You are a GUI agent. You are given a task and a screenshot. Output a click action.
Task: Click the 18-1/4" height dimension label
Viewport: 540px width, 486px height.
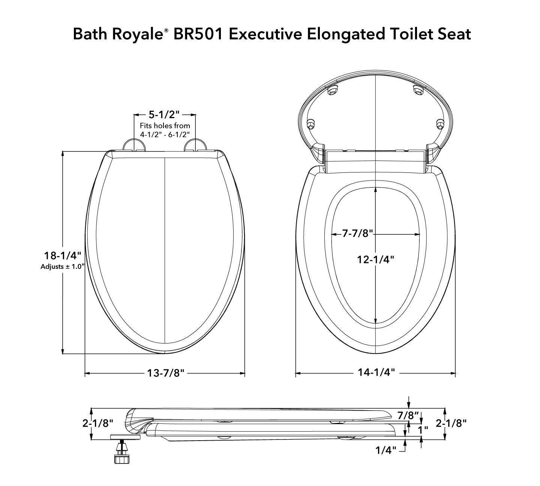point(63,256)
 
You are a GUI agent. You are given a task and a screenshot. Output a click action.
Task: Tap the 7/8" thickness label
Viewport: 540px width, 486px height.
point(408,415)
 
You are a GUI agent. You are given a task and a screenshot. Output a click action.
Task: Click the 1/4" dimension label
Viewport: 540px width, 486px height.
point(386,450)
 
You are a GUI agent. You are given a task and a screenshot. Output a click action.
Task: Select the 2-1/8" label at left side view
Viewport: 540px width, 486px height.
point(98,423)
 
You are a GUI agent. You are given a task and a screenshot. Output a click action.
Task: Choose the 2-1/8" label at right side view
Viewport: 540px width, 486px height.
point(451,423)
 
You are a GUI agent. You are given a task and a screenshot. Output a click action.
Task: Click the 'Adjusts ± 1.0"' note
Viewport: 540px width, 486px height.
point(63,267)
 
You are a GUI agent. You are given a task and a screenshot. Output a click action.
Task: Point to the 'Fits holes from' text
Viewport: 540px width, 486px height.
point(165,126)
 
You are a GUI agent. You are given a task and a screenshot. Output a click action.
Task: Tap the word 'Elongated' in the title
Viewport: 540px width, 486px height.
point(346,34)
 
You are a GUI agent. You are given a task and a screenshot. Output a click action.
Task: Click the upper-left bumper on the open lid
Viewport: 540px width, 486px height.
point(331,90)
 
